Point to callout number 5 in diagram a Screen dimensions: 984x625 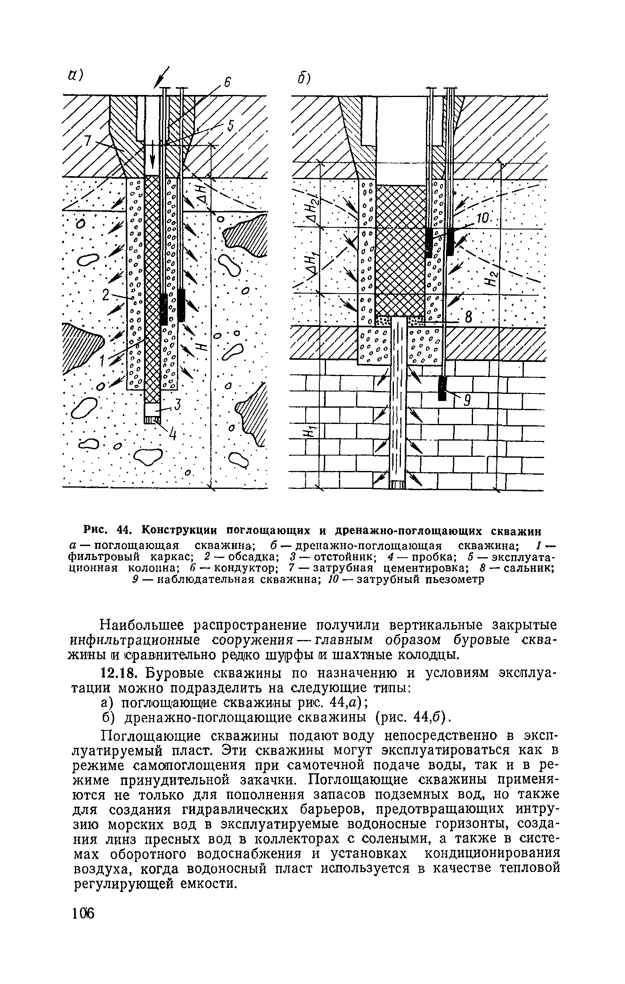tap(230, 125)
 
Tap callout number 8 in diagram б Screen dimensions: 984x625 tap(468, 319)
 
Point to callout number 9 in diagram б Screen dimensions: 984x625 tap(467, 400)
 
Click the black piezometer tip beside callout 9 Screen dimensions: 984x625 tap(442, 388)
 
